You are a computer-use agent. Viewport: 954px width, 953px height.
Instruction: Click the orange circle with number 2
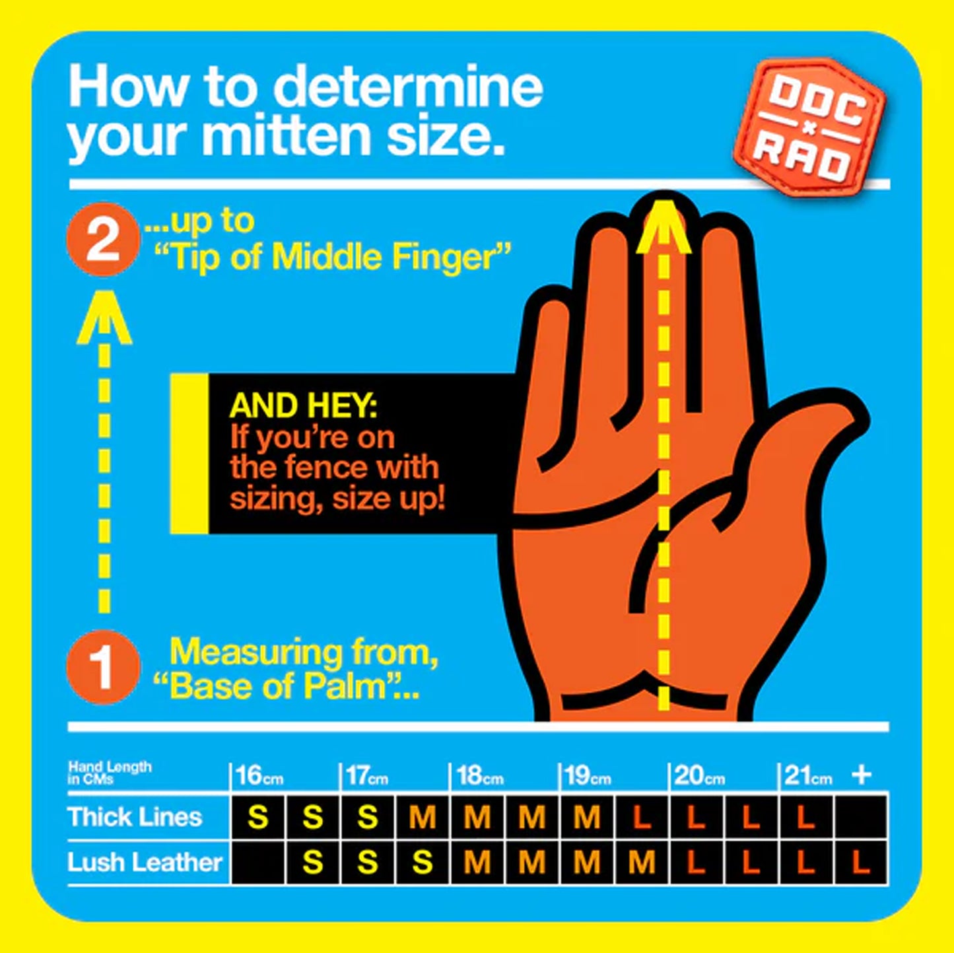pos(103,242)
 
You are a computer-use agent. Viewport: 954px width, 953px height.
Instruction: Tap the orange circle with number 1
pos(103,667)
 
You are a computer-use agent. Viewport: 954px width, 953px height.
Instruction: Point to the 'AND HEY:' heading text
pos(304,406)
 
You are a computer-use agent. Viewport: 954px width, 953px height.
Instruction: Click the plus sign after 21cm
pos(862,775)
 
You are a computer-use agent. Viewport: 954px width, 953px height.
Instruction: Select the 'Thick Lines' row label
pos(135,818)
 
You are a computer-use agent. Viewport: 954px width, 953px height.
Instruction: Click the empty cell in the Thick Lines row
pos(861,818)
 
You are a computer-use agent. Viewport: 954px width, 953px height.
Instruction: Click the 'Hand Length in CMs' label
pos(110,773)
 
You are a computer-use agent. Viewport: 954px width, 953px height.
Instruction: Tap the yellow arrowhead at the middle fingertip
pos(664,227)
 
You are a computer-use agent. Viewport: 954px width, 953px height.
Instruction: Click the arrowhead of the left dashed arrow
pos(104,318)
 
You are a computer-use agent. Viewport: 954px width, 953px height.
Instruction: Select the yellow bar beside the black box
pos(189,454)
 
